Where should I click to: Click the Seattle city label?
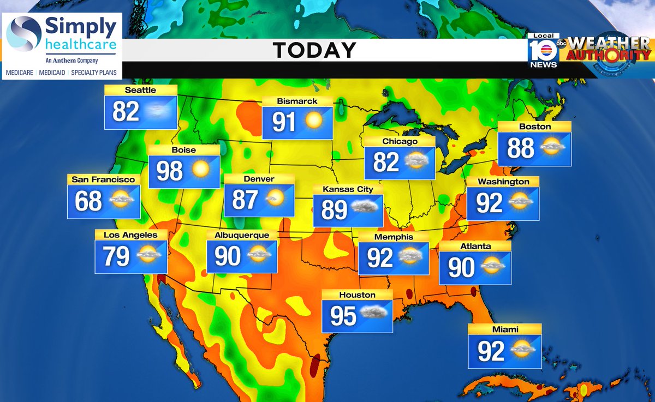coord(140,90)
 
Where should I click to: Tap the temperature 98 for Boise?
coord(170,171)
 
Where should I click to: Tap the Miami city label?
coord(504,329)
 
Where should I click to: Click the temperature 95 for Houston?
coord(343,316)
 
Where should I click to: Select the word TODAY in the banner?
coord(315,50)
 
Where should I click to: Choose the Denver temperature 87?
coord(245,199)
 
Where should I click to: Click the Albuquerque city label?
coord(242,235)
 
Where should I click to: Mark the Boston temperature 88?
coord(521,148)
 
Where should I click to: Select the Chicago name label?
coord(400,141)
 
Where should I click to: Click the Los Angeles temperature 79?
coord(116,256)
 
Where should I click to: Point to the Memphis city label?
coord(393,237)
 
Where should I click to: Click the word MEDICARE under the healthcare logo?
coord(18,72)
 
